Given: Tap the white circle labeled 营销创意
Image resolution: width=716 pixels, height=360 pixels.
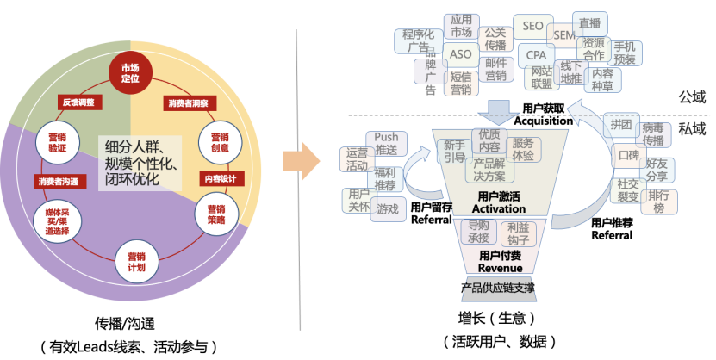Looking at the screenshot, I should [x=215, y=140].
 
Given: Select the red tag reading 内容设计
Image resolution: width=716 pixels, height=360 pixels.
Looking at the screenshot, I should [x=219, y=178].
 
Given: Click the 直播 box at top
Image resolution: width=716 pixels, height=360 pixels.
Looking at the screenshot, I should [x=590, y=24].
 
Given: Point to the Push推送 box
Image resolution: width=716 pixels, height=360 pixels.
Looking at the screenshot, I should [x=386, y=143].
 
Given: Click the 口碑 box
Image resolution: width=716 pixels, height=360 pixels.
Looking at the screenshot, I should [x=628, y=156].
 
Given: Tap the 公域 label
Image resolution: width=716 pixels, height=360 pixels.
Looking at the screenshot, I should [x=691, y=96].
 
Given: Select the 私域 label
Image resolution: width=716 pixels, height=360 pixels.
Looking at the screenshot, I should [x=691, y=129].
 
